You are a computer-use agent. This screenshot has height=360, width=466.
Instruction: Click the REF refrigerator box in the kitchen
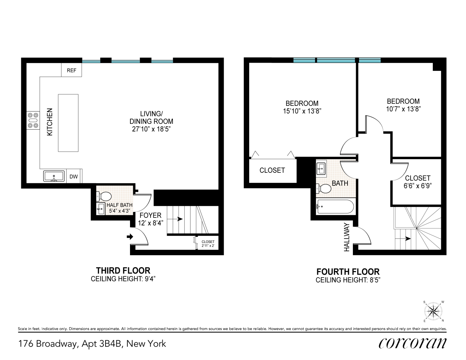71,70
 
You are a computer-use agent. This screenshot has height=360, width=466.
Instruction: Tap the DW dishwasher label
73,176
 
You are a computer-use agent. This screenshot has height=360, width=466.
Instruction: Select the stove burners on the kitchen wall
33,121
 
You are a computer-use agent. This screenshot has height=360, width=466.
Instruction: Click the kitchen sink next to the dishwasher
54,176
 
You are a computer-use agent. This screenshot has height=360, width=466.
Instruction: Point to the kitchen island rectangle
68,123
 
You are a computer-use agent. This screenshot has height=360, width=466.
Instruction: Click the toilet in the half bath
104,196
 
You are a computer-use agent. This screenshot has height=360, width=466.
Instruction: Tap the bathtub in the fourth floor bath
335,207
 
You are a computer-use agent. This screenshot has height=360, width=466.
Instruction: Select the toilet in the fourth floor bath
324,189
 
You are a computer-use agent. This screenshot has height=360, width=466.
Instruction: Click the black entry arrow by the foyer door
130,237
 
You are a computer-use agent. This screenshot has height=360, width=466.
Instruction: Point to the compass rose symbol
433,311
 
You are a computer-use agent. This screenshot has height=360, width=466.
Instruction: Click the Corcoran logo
412,343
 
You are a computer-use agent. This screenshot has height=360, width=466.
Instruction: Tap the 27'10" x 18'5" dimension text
151,129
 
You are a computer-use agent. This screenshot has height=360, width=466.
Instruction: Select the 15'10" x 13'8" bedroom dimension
302,111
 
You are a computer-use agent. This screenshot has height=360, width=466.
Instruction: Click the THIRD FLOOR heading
123,271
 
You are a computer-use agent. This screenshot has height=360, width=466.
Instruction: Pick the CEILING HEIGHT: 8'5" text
348,280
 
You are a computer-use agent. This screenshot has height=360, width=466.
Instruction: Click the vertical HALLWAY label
347,237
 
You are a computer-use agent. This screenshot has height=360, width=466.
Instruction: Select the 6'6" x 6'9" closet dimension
417,186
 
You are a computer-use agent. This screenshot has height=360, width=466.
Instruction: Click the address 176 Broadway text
48,344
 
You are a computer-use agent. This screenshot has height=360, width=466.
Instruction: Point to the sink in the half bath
100,209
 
